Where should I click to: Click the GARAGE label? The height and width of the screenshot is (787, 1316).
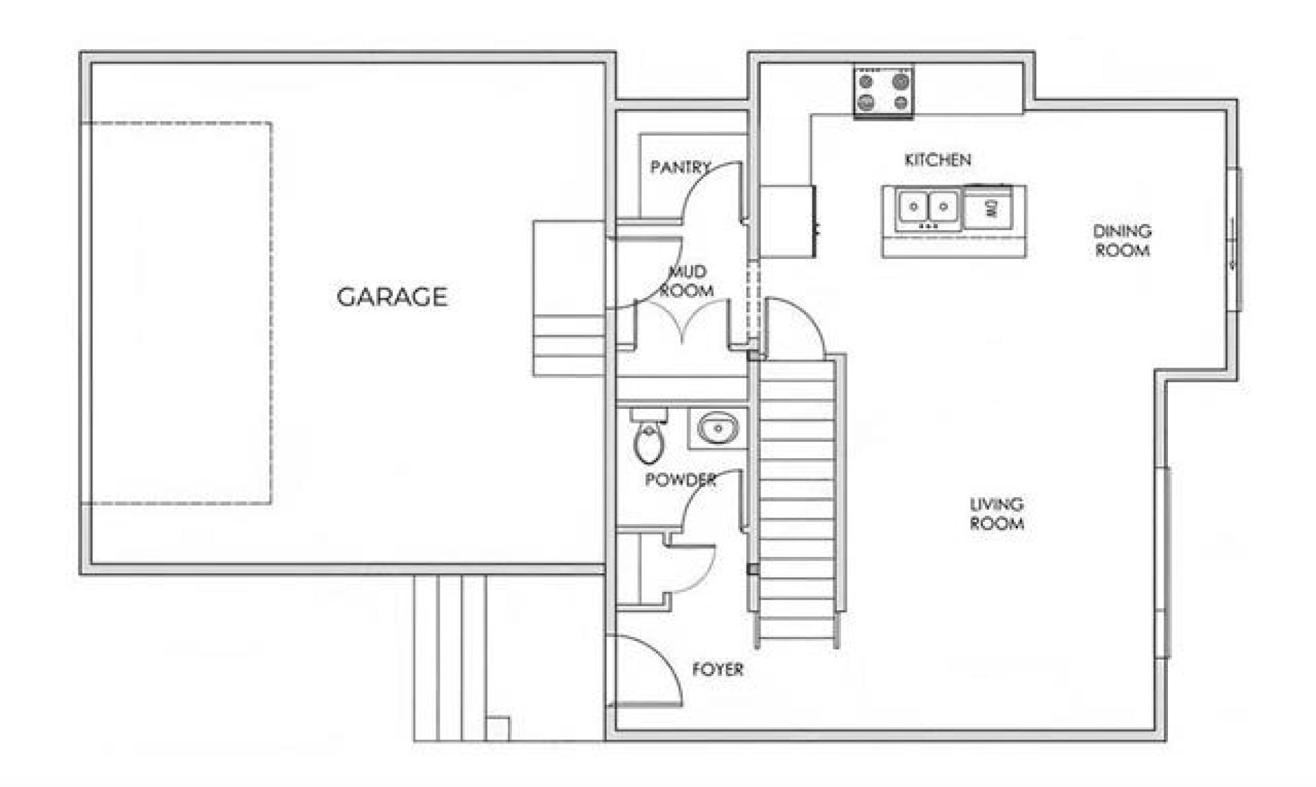[x=392, y=297]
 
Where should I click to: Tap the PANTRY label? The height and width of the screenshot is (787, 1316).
[x=681, y=167]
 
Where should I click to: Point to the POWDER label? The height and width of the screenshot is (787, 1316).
[x=680, y=479]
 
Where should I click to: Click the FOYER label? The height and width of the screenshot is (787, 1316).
[x=718, y=669]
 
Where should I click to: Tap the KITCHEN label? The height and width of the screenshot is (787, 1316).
[x=938, y=160]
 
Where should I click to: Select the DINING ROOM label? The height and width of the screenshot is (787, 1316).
[x=1122, y=241]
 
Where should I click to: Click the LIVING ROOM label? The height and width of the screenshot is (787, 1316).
[x=997, y=513]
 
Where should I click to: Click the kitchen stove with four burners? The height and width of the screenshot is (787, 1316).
[x=884, y=91]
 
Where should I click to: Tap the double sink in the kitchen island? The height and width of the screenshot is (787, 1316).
[x=928, y=208]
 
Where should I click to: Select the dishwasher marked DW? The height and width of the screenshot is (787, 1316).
[x=988, y=208]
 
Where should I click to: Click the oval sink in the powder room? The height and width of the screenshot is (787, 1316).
[x=718, y=429]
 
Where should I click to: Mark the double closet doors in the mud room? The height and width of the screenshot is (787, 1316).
[x=682, y=322]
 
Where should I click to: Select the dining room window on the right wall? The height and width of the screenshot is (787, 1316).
[x=1234, y=239]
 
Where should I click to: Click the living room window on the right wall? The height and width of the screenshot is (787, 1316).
[x=1163, y=562]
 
